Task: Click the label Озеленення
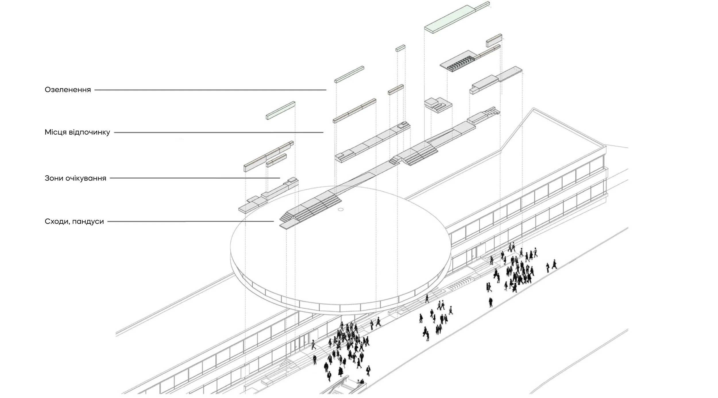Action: pos(68,90)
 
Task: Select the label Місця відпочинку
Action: pos(77,132)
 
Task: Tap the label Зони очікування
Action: pos(75,178)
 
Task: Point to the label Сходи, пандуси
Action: pos(74,222)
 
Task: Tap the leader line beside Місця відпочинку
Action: pos(218,132)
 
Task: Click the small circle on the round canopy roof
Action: pos(341,210)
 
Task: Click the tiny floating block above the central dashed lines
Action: pos(400,48)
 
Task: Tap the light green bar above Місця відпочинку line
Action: pos(281,110)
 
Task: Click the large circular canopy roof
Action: pos(339,253)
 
